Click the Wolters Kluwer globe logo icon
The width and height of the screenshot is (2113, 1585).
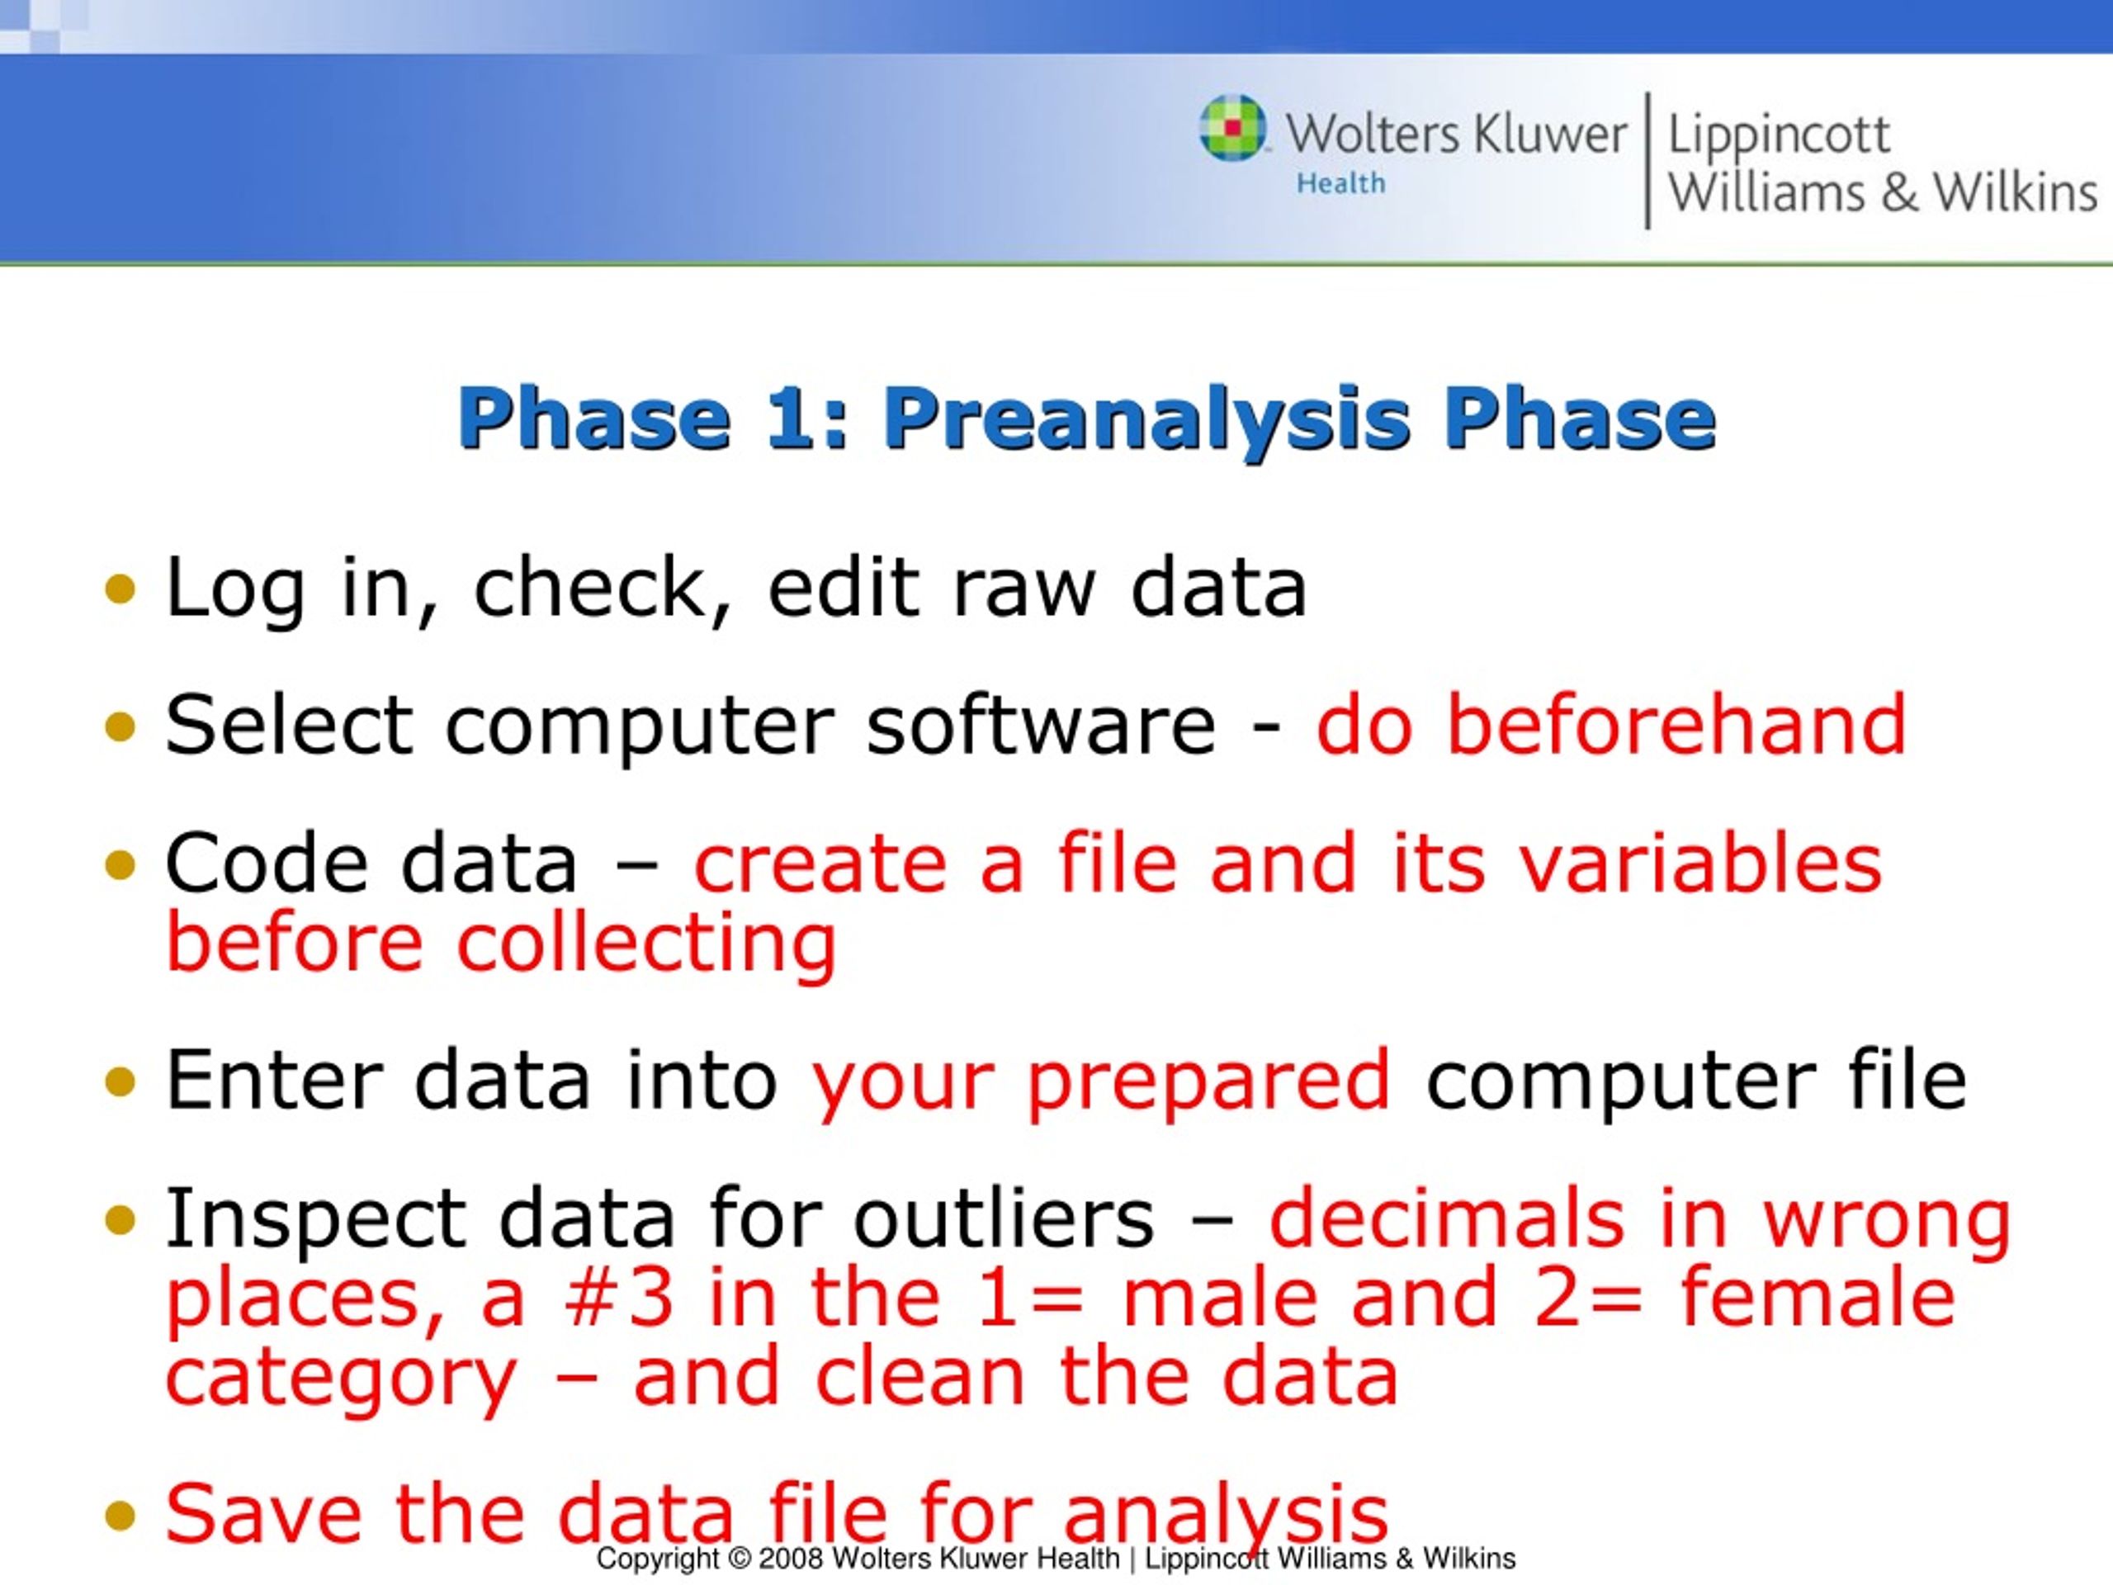[1232, 128]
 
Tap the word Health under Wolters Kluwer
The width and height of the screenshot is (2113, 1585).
[1340, 183]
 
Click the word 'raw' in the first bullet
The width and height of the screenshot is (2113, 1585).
[1023, 589]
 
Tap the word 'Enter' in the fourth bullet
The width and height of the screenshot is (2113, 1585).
[274, 1080]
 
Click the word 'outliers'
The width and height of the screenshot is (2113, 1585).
[1003, 1218]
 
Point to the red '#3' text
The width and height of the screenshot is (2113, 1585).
[618, 1298]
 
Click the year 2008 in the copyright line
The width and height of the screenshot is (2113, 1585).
[791, 1559]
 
